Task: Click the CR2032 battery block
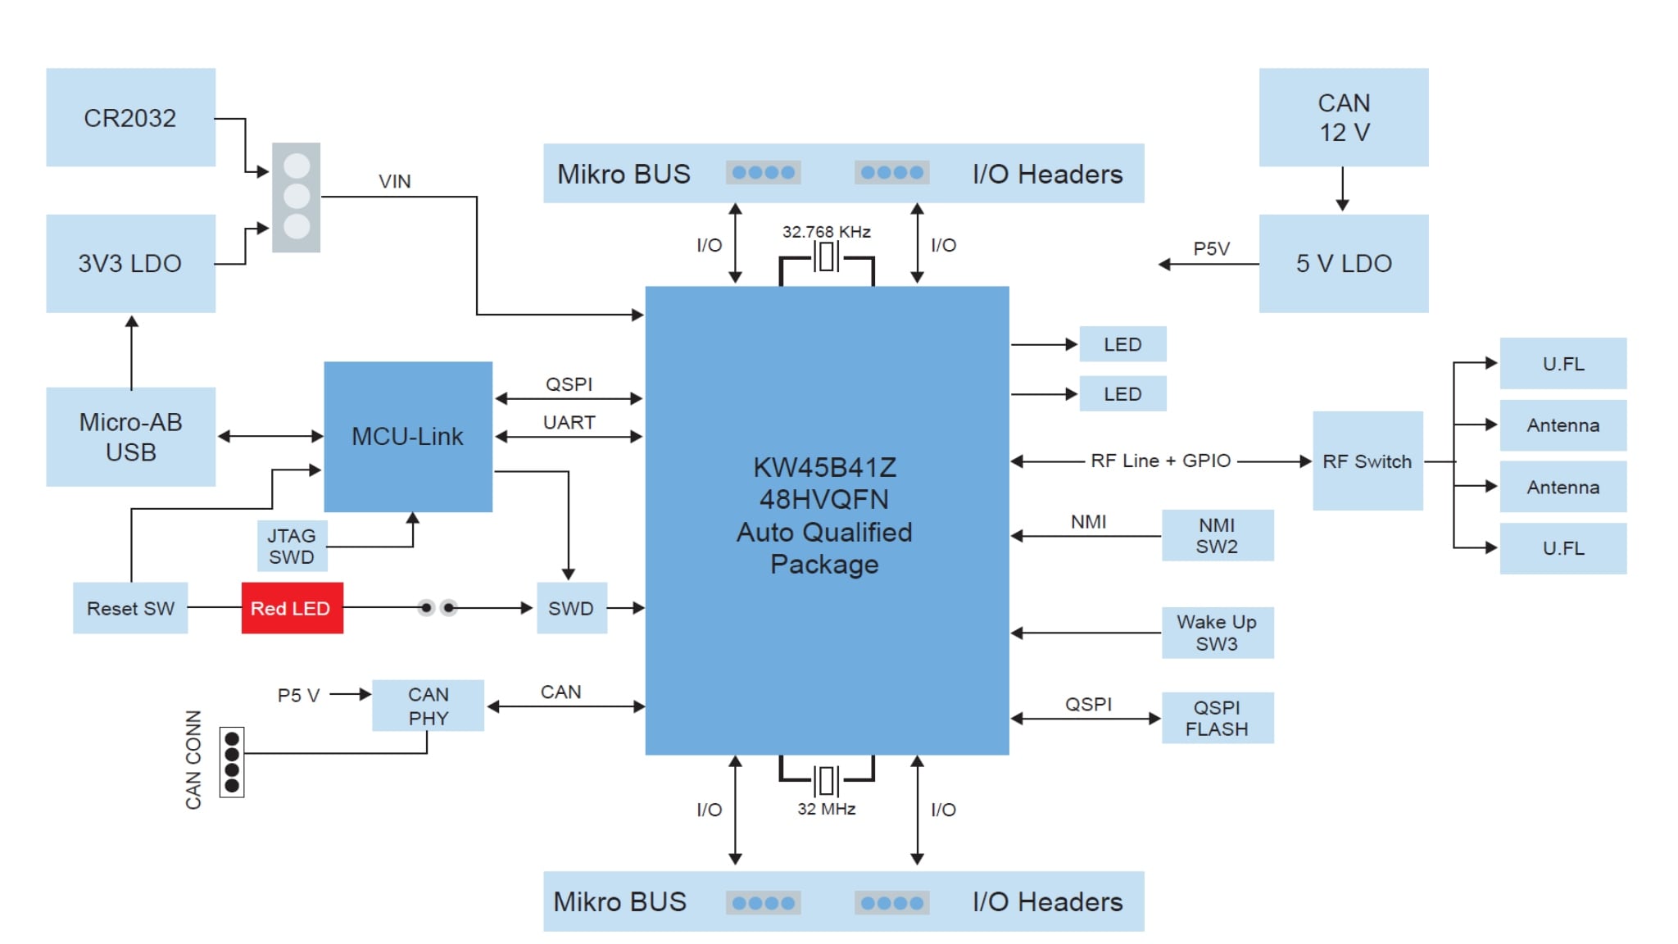point(130,117)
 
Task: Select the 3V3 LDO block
point(130,263)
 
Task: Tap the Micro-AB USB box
point(130,437)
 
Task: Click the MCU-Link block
point(407,436)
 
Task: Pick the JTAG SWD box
point(292,546)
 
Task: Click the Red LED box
point(292,608)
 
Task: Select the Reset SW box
point(130,608)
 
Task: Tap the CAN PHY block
point(428,706)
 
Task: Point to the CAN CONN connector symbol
point(232,762)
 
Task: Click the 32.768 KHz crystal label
point(826,232)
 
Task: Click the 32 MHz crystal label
point(826,809)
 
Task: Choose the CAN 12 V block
point(1343,117)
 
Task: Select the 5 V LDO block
point(1343,263)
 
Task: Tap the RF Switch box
point(1367,461)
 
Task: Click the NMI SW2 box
point(1217,535)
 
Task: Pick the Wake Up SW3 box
point(1217,632)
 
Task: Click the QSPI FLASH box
point(1217,718)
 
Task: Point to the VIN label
point(394,181)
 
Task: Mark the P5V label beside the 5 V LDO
point(1211,248)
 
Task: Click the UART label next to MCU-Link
point(569,422)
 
